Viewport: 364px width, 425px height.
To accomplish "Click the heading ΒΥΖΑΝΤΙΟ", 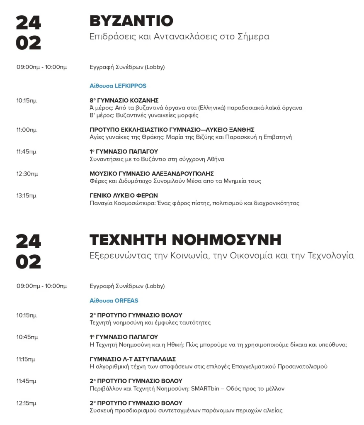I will [x=131, y=21].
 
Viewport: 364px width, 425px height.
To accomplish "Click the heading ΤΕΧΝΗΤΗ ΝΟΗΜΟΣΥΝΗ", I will [x=185, y=240].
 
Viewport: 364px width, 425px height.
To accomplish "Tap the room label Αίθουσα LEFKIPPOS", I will [x=118, y=86].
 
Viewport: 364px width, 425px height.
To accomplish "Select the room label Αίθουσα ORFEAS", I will [x=114, y=300].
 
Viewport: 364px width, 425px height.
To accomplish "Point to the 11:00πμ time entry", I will [x=27, y=130].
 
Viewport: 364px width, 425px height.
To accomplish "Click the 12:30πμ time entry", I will [x=27, y=173].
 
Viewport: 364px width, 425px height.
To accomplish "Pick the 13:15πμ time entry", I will [x=27, y=195].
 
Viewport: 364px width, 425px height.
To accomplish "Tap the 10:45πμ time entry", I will [x=27, y=337].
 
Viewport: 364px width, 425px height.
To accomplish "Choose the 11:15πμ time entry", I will [x=26, y=359].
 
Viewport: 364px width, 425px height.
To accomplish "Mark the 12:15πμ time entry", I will [x=27, y=403].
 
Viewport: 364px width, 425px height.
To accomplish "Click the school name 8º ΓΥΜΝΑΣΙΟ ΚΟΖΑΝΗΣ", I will [x=124, y=100].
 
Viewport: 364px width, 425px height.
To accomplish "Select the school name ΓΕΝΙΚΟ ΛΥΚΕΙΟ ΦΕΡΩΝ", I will [x=124, y=195].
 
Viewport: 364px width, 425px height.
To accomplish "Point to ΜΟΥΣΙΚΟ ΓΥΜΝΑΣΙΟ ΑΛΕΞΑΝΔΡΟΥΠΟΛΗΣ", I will [x=152, y=173].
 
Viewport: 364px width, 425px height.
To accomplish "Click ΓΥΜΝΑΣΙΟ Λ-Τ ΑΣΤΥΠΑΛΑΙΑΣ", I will [x=133, y=359].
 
